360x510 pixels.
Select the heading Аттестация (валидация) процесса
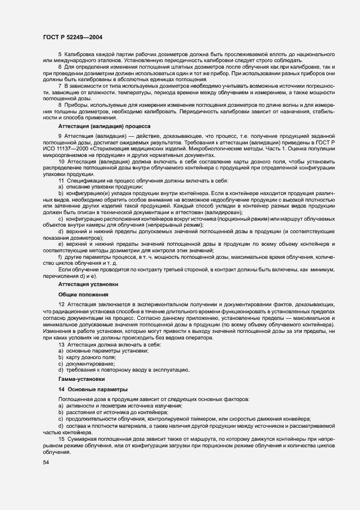pyautogui.click(x=104, y=126)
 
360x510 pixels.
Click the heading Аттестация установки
pyautogui.click(x=88, y=284)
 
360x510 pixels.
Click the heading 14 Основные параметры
pyautogui.click(x=93, y=390)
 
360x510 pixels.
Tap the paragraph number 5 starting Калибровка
pyautogui.click(x=59, y=55)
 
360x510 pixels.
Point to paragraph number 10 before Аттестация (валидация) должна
pyautogui.click(x=61, y=162)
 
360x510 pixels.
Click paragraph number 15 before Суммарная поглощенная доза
pyautogui.click(x=61, y=439)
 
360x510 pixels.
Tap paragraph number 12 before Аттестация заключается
pyautogui.click(x=61, y=305)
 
